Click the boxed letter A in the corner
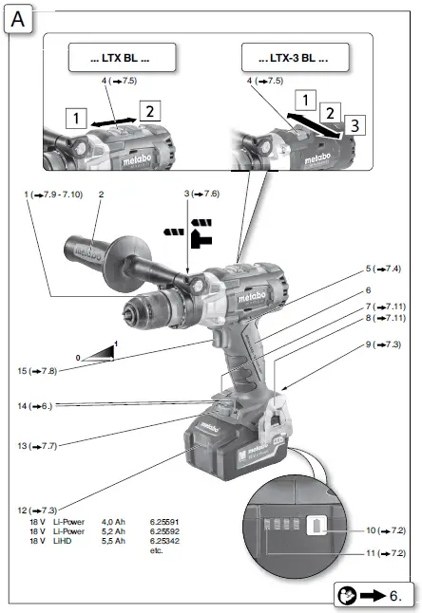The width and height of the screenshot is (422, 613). (20, 18)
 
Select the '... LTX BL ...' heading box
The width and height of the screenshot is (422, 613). (120, 59)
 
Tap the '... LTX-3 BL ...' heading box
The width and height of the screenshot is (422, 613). (293, 59)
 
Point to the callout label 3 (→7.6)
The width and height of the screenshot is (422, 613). (201, 194)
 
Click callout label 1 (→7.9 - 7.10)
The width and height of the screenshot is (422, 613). (51, 194)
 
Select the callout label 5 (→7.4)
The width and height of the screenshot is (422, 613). (383, 269)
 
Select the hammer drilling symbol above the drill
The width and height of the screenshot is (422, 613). (199, 229)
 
